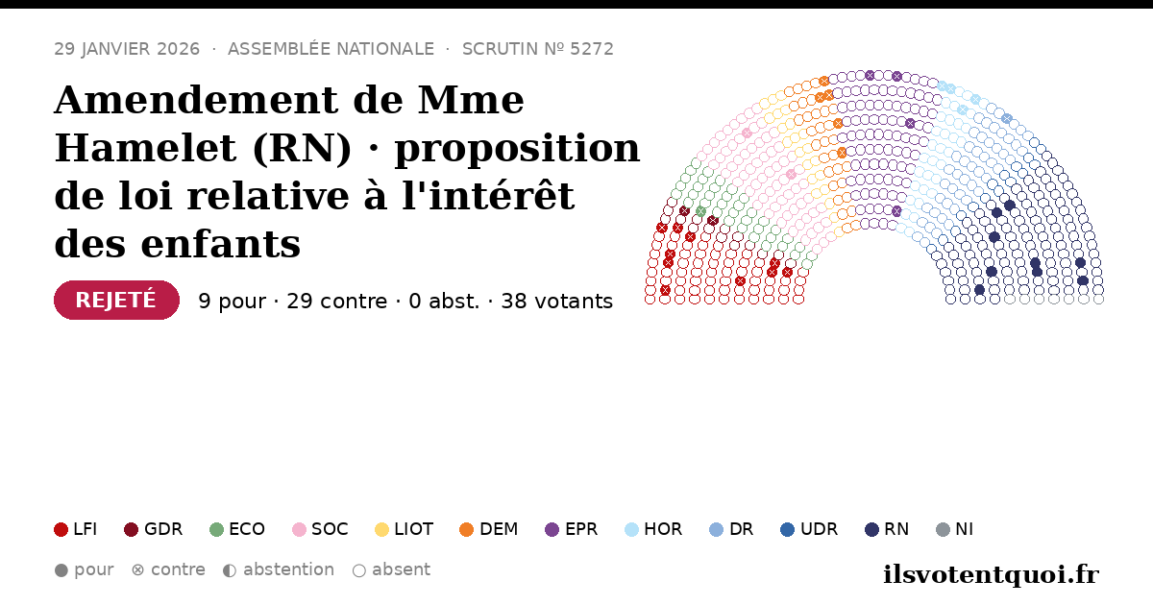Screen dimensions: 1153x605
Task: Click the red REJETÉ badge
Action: [116, 300]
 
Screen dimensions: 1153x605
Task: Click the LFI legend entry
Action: [75, 529]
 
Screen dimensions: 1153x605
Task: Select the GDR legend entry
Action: [154, 529]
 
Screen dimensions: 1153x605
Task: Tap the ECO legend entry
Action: [237, 529]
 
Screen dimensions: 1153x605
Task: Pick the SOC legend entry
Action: [320, 529]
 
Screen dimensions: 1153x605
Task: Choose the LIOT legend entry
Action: [405, 529]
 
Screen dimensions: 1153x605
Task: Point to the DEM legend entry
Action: [488, 529]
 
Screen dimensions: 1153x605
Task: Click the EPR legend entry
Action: [572, 529]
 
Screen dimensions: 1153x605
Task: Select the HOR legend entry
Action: [653, 529]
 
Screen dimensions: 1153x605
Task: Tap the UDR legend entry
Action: [809, 529]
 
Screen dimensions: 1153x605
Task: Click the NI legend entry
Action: [955, 529]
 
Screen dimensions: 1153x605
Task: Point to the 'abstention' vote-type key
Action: [279, 570]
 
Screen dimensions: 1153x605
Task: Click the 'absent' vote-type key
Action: [391, 570]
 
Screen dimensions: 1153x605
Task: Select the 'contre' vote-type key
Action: [168, 570]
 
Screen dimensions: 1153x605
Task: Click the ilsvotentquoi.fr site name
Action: [992, 574]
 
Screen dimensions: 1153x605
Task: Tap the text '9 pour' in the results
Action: [233, 302]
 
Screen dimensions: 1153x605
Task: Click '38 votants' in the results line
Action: [557, 302]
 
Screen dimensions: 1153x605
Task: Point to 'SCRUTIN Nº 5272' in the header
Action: [538, 49]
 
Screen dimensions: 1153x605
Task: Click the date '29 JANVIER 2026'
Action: [127, 49]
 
